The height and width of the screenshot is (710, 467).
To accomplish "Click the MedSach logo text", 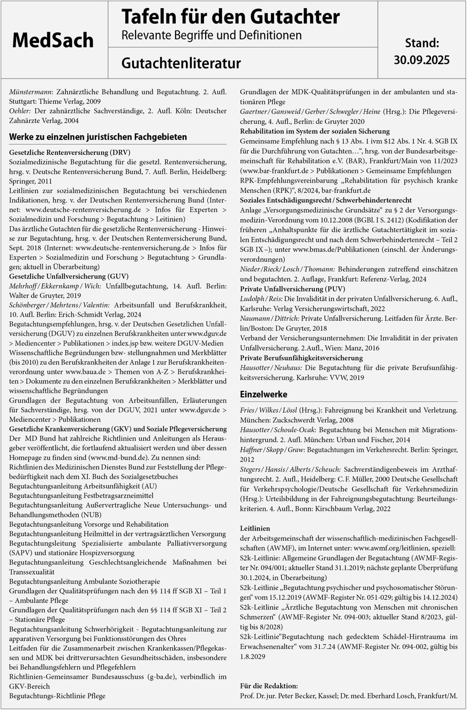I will pos(53,40).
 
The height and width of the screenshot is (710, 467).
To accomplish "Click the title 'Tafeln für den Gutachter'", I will pos(230,17).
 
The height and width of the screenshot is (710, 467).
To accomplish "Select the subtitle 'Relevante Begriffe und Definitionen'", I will pos(211,35).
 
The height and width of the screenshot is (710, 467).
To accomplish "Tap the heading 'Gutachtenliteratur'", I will pos(180,63).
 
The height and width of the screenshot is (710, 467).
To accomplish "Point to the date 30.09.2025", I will pos(421,59).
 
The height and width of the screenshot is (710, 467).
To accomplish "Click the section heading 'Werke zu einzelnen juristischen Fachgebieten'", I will pos(98,137).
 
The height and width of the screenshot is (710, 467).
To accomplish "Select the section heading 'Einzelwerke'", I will pos(265,394).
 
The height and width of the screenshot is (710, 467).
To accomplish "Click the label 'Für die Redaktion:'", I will pos(269,686).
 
